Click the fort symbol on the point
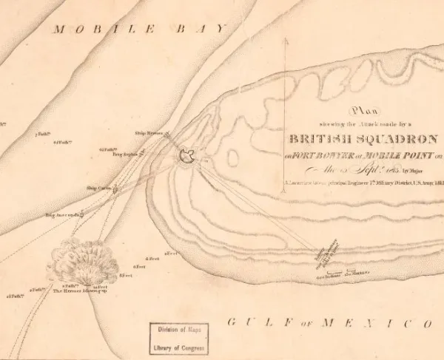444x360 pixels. pos(187,155)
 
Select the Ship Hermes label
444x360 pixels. pos(147,133)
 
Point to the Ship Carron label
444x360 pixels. pos(98,188)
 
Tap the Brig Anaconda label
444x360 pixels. pos(61,215)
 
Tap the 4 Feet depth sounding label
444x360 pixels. pos(152,258)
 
